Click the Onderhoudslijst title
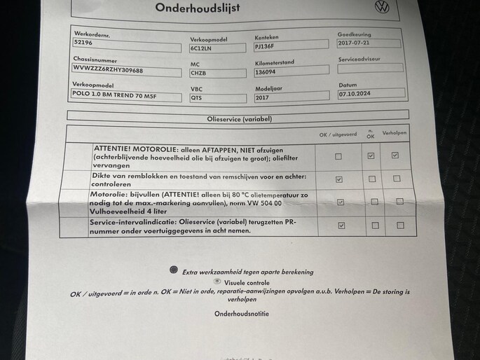198,8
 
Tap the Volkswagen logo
382,7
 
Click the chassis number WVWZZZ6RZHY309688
109,70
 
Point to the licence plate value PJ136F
266,46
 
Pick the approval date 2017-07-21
355,43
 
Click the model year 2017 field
266,97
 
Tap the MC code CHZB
200,73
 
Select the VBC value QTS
197,98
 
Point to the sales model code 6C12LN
201,48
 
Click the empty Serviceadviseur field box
370,68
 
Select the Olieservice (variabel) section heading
240,119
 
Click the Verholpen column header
395,133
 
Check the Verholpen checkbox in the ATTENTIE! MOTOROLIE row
395,155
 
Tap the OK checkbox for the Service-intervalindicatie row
339,226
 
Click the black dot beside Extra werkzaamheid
173,270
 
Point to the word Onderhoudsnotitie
241,314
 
